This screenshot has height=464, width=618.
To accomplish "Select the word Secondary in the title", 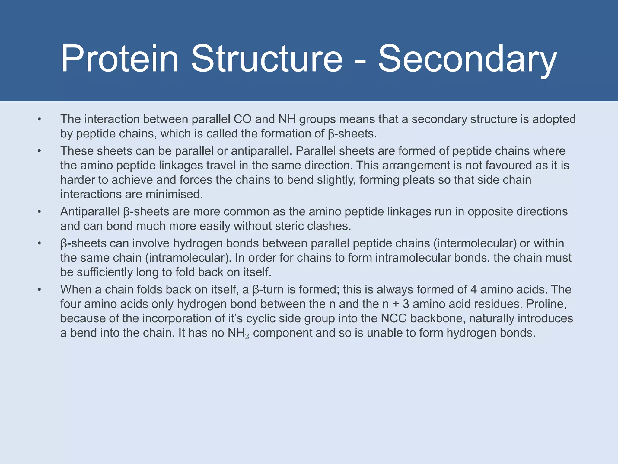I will pos(467,59).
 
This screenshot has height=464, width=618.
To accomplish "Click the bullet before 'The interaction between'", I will pos(39,119).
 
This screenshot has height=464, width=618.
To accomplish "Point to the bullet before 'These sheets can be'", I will pos(39,151).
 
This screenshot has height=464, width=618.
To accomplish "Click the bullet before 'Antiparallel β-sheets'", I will pos(39,212).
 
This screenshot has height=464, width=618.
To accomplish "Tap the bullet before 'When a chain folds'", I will pos(39,290).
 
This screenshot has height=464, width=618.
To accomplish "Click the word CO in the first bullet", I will pos(242,119).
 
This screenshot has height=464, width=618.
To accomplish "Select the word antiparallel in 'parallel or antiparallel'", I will pos(260,151).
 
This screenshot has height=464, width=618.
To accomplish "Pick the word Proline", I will pos(546,304).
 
